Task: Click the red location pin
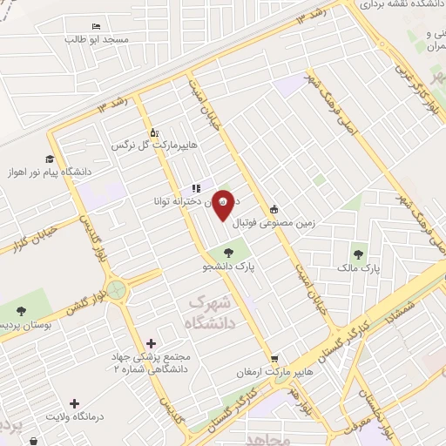(223, 203)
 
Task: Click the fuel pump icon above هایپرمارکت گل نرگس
(154, 132)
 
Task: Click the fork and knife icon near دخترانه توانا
(196, 187)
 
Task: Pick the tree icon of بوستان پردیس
(21, 309)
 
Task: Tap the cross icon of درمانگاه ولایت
(75, 403)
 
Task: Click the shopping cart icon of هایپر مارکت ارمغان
(274, 358)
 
